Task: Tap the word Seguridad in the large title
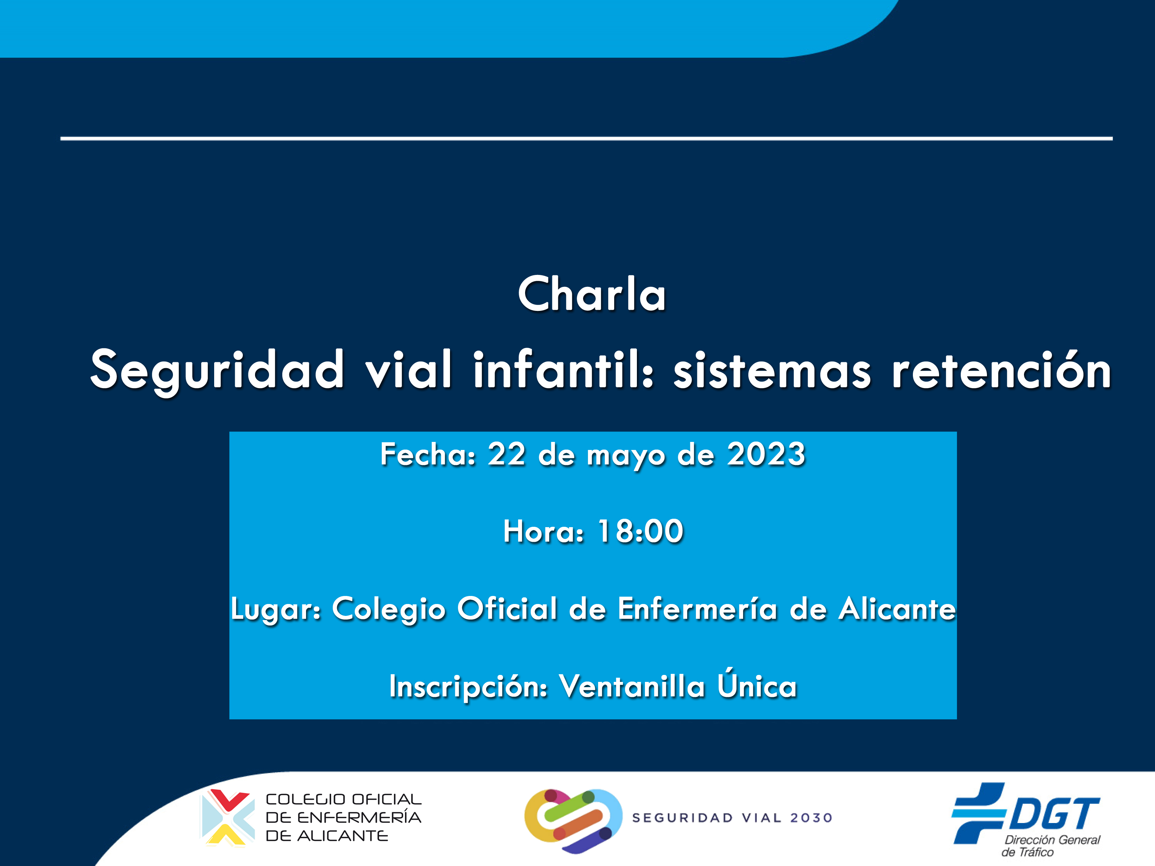pyautogui.click(x=217, y=371)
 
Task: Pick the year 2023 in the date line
pyautogui.click(x=767, y=454)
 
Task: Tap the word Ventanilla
pyautogui.click(x=632, y=685)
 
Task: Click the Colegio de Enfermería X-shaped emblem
pyautogui.click(x=228, y=817)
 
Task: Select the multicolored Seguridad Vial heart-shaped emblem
pyautogui.click(x=573, y=821)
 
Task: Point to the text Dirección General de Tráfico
pyautogui.click(x=1051, y=846)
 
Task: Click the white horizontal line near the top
pyautogui.click(x=586, y=138)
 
